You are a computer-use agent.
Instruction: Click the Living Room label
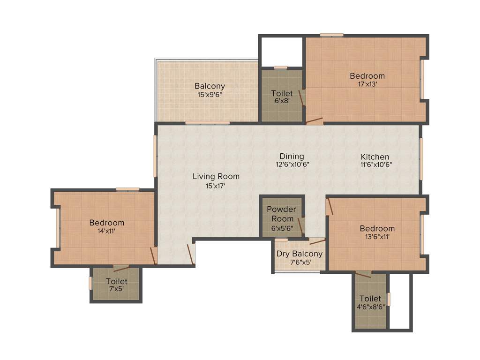click(x=216, y=176)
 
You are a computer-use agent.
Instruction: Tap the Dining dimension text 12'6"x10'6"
click(x=292, y=165)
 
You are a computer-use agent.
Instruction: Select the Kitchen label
click(x=375, y=157)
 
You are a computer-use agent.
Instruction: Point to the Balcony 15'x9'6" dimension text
click(x=210, y=94)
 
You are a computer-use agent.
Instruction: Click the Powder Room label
click(x=281, y=214)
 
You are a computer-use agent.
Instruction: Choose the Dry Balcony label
click(x=299, y=254)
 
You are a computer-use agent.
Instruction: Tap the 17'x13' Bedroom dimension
click(x=367, y=84)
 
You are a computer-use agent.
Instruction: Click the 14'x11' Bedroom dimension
click(x=107, y=231)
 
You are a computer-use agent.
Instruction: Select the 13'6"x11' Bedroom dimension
click(x=377, y=237)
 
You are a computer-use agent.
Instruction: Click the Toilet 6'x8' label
click(x=282, y=94)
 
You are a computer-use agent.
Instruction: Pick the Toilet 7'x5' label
click(x=116, y=281)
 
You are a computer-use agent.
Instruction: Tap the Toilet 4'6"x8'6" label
click(x=370, y=299)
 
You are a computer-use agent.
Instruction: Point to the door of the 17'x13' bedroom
click(x=315, y=121)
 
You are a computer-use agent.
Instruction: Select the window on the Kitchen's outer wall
click(x=421, y=159)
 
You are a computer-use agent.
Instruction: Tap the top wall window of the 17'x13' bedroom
click(x=331, y=35)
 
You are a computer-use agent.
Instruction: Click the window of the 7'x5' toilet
click(x=90, y=283)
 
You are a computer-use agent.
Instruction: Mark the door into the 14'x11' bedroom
click(x=153, y=255)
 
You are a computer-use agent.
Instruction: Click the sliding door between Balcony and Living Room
click(x=207, y=123)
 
